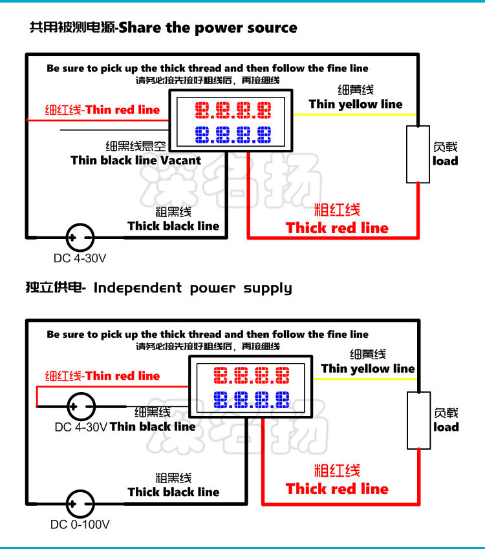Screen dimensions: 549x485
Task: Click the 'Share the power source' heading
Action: [x=208, y=28]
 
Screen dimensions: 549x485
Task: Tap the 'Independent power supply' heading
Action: [x=193, y=288]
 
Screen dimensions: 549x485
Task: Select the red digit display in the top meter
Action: [x=233, y=110]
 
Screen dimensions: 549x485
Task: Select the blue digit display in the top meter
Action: [x=233, y=134]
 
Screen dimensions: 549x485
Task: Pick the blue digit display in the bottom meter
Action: [x=252, y=400]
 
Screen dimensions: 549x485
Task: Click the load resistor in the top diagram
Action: [x=418, y=154]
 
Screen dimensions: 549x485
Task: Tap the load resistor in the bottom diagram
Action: [x=418, y=420]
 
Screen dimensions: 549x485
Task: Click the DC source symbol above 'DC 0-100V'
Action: [x=80, y=503]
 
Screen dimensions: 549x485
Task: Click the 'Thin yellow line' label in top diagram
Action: [x=356, y=104]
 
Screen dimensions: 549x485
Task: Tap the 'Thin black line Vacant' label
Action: [x=136, y=160]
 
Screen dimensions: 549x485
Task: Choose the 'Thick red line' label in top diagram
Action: [x=337, y=228]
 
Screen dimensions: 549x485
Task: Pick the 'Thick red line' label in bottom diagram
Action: [x=337, y=489]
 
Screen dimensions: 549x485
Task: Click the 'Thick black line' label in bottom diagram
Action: [x=173, y=492]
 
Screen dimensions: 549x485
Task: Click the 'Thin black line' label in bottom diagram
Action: [x=153, y=426]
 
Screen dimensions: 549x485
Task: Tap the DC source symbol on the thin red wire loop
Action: [x=81, y=406]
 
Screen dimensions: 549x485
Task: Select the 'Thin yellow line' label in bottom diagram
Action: [x=367, y=368]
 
